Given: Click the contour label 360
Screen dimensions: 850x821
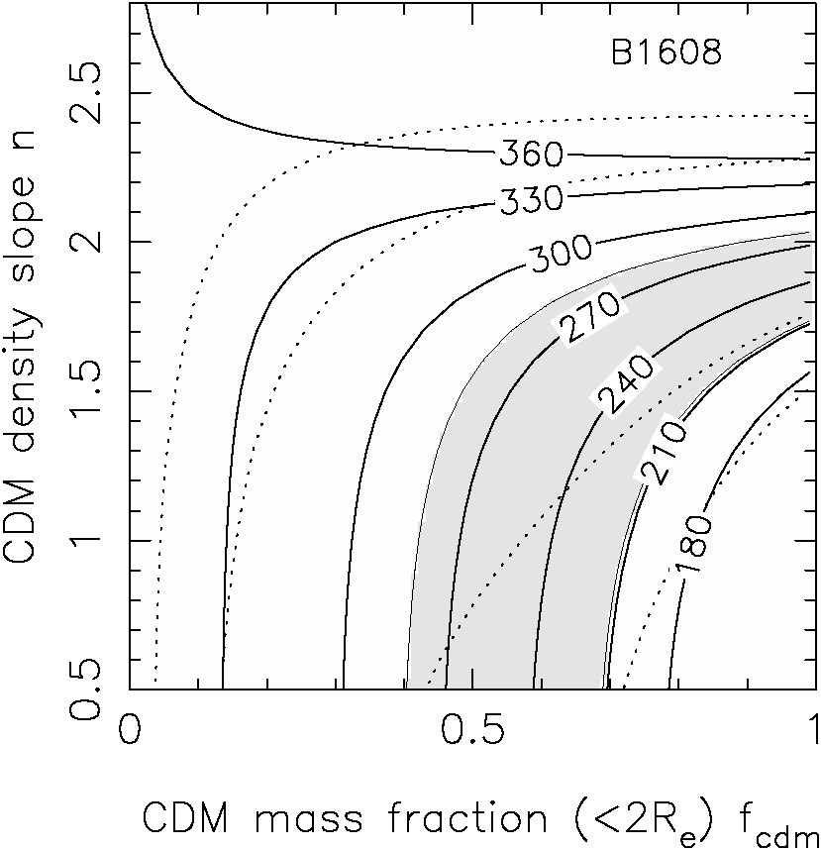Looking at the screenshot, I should (531, 154).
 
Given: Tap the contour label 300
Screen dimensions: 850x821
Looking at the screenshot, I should (560, 256).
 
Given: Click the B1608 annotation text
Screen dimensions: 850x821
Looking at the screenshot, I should (666, 53).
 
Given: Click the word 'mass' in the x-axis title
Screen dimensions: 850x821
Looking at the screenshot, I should (288, 820).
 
